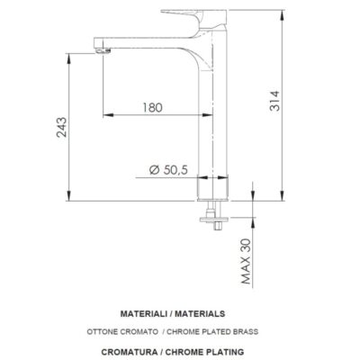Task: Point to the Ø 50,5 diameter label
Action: coord(170,168)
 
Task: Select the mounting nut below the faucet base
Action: coord(211,217)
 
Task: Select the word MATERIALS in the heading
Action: coord(199,315)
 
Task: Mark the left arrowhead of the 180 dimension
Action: coord(110,117)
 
